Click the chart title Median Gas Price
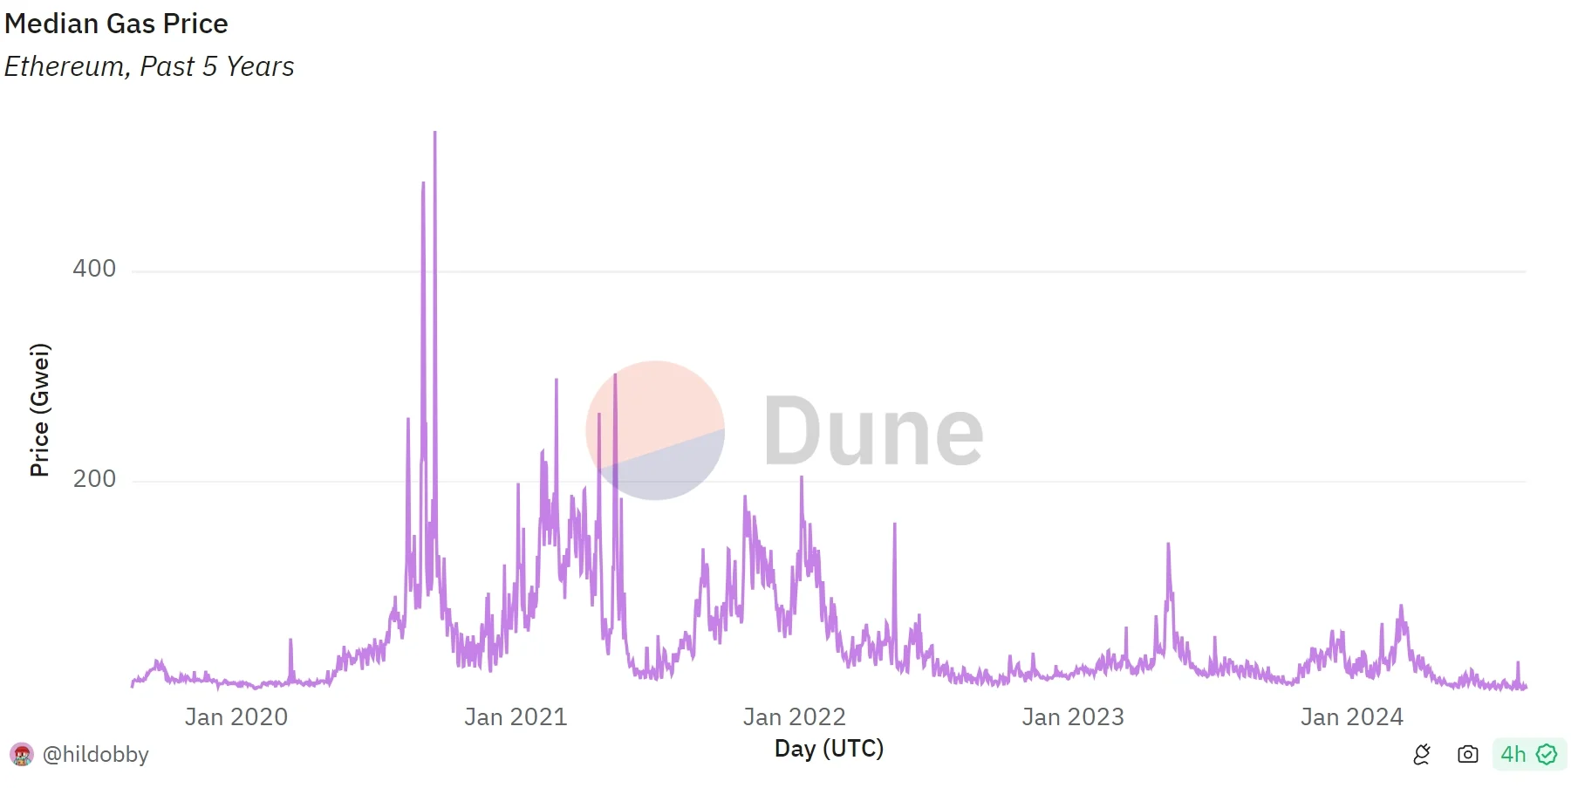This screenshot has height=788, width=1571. [x=116, y=24]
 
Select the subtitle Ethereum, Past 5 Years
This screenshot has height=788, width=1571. [x=149, y=66]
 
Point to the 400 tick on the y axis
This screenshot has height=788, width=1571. [x=94, y=269]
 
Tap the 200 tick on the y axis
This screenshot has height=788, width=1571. [x=94, y=479]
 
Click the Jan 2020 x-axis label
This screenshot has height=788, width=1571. [x=236, y=717]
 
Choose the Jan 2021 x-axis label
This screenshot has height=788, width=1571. [x=516, y=717]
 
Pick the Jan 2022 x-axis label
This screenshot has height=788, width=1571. [x=795, y=717]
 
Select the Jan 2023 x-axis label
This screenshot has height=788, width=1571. [x=1073, y=717]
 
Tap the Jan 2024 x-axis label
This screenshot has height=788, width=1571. [x=1352, y=717]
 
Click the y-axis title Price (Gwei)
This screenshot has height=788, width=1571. [x=40, y=410]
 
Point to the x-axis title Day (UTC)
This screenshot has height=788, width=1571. [x=829, y=749]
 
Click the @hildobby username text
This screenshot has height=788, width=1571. [x=96, y=754]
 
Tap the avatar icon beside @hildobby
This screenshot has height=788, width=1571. [x=22, y=754]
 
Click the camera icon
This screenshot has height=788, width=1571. [x=1468, y=754]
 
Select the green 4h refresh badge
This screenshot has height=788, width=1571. [x=1528, y=754]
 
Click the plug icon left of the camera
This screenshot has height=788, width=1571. [x=1422, y=754]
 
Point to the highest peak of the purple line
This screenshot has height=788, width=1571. [x=434, y=134]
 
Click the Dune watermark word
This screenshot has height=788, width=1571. [x=874, y=431]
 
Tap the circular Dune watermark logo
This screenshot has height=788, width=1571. [x=655, y=430]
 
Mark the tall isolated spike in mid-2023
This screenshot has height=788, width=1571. [x=1168, y=546]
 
